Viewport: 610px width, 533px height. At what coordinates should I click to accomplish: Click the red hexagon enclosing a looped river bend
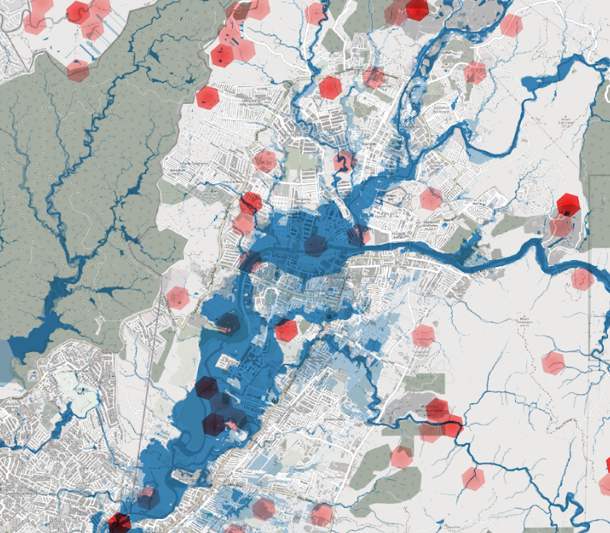pos(344,161)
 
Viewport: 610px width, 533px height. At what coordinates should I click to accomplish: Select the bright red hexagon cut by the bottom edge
pos(119,523)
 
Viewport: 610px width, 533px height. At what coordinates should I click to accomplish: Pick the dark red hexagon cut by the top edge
pos(417,8)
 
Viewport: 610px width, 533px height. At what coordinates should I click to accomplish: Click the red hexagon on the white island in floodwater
pos(286,330)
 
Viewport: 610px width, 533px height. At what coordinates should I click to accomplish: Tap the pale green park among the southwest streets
pos(82,393)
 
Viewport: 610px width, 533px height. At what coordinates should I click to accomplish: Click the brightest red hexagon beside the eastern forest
pos(568,204)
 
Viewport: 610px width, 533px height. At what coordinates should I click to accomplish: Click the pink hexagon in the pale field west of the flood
pos(177,298)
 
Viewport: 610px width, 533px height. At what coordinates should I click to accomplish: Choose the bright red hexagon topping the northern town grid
pos(330,87)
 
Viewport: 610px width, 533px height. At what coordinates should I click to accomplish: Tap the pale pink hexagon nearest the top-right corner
pos(511,25)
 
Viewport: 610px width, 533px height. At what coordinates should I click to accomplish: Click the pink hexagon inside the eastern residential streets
pos(430,198)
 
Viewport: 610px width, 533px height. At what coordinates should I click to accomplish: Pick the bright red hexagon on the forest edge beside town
pos(208,97)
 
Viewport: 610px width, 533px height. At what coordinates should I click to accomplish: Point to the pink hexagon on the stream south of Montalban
pos(473,478)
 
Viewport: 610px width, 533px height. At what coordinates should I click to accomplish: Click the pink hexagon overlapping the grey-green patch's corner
pos(401,457)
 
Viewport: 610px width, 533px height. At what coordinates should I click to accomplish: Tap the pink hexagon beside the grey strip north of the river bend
pos(475,72)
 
